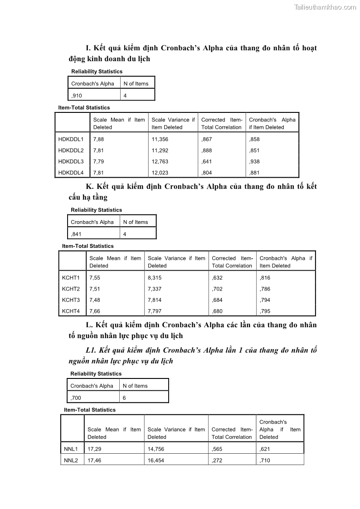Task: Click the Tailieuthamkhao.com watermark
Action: coord(325,7)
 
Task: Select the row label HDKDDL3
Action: coord(71,162)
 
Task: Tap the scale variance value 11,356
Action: coord(160,140)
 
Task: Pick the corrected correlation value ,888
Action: coord(206,150)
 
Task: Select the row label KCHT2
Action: coord(71,289)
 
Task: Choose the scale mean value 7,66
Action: coord(94,311)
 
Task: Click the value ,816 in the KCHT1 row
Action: coord(265,278)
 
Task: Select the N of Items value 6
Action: coord(124,398)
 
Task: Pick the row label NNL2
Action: coord(71,460)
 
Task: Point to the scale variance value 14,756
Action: coord(156,449)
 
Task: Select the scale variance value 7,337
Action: coord(155,289)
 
